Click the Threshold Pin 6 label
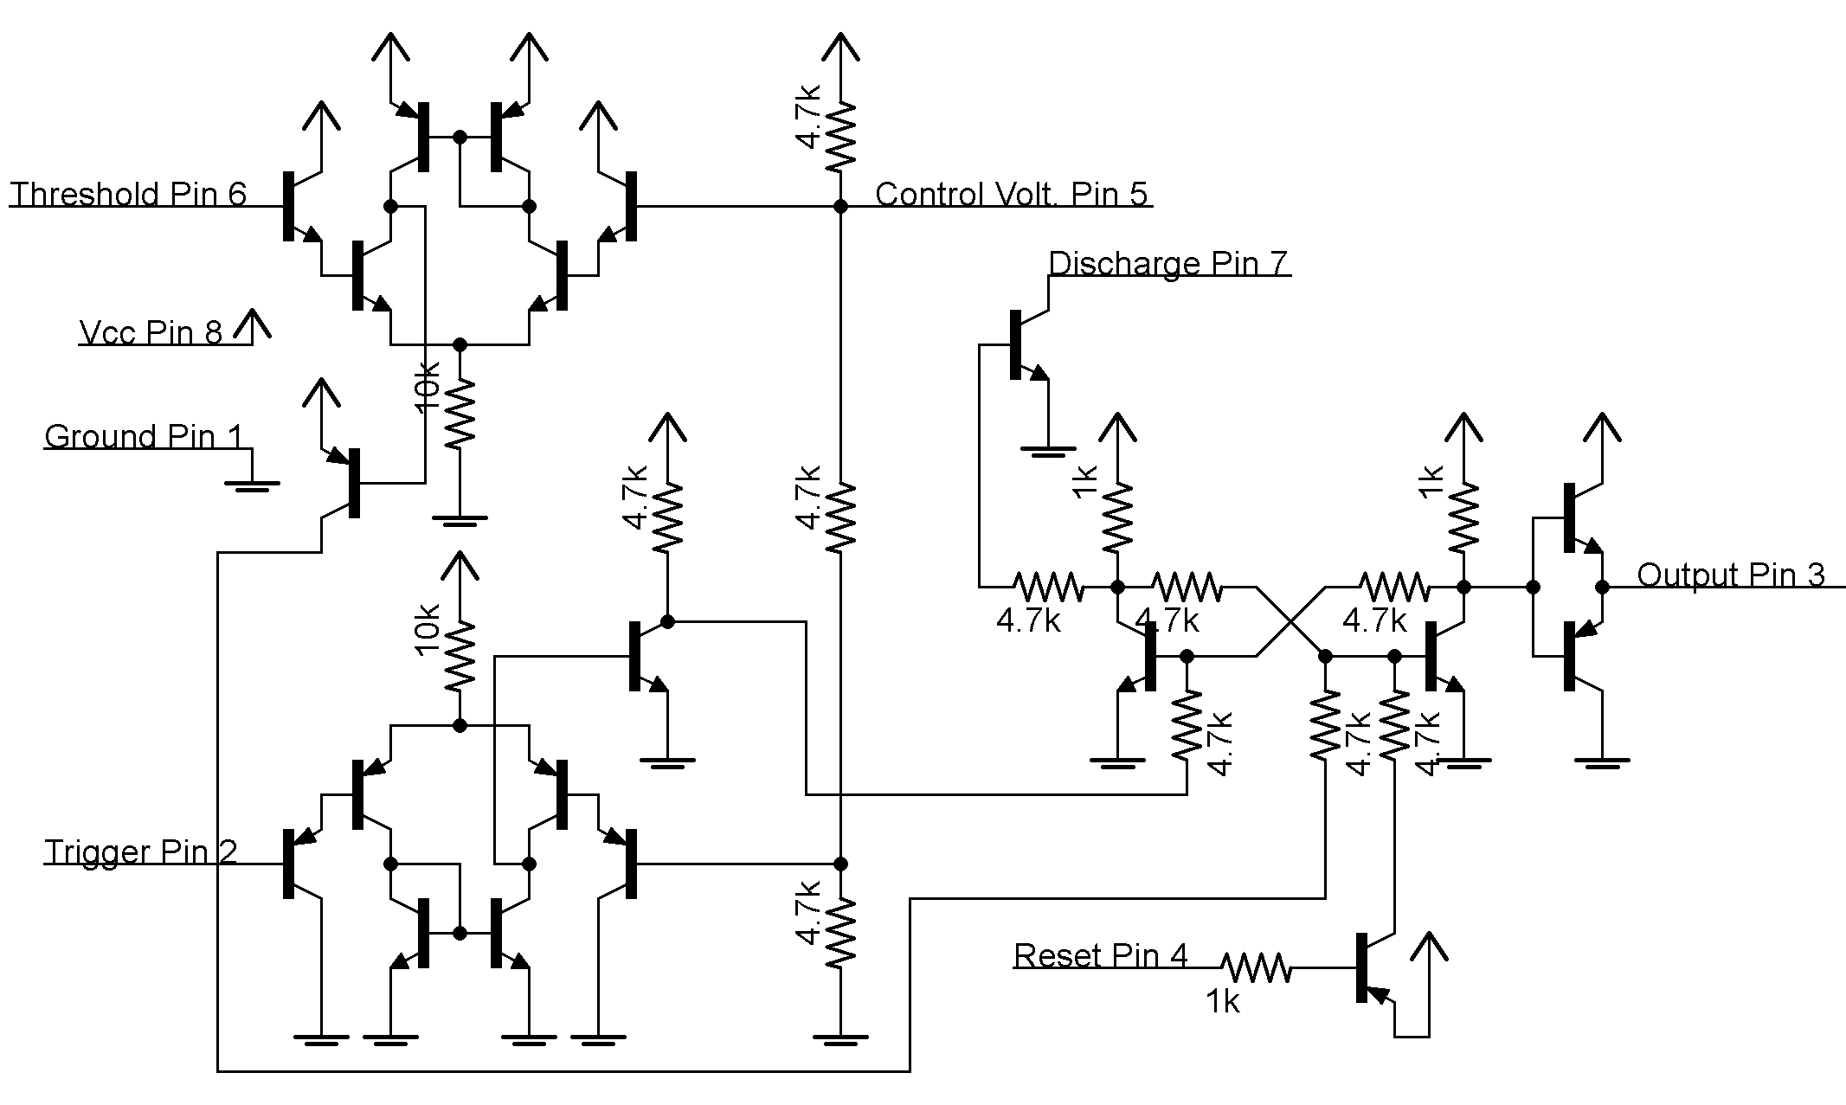click(129, 194)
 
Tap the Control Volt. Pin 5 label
click(1011, 194)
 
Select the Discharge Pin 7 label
click(1167, 263)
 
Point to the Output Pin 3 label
click(1730, 575)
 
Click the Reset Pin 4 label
click(1100, 955)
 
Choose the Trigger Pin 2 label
click(140, 851)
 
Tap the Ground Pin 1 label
click(144, 436)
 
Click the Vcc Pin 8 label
click(151, 332)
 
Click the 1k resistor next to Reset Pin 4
click(1255, 967)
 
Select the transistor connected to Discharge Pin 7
click(1026, 344)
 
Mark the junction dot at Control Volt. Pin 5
click(839, 206)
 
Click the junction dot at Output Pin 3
click(1602, 587)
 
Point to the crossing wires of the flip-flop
click(1290, 621)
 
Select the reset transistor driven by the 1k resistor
click(1372, 967)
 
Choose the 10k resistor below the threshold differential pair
click(460, 414)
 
